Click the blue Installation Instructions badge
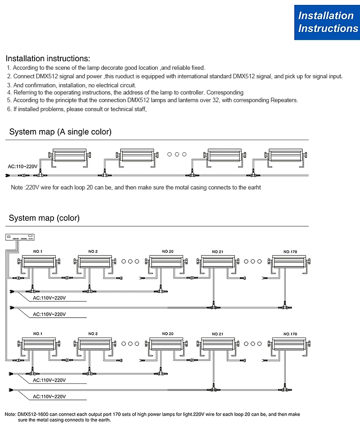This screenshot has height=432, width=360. tap(327, 22)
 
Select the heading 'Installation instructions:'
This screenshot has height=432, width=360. tap(48, 58)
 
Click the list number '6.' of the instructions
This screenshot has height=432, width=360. tap(9, 109)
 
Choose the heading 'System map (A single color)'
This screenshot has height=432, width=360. tap(60, 132)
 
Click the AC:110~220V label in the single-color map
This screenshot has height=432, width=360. tap(22, 166)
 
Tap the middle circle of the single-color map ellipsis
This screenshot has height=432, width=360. tap(177, 154)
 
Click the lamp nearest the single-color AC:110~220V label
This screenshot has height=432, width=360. tap(70, 156)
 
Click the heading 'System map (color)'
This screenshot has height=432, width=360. tap(44, 218)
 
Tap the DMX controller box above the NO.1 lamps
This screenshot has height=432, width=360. tap(19, 238)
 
